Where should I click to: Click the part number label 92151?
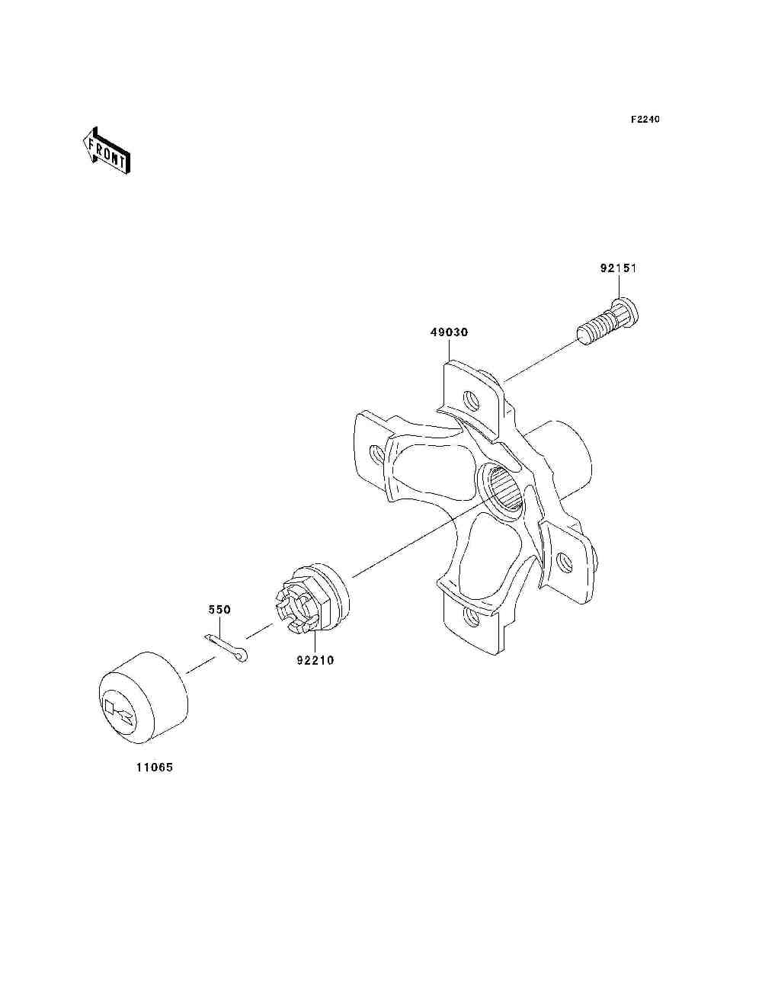[618, 268]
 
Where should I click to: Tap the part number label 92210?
[315, 660]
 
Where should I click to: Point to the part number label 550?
[219, 610]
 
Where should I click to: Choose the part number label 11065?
[155, 768]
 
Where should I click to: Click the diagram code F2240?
[645, 120]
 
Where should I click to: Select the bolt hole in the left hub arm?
[376, 454]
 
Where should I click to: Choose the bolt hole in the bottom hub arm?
[472, 616]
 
